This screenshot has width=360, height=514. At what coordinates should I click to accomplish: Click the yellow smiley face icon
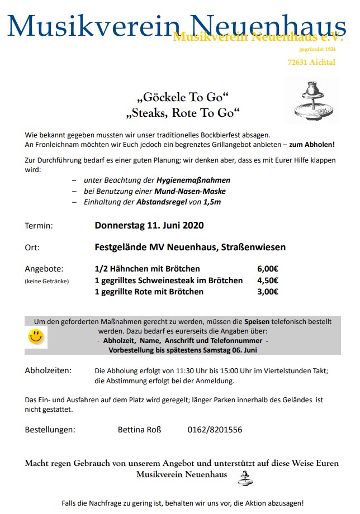click(x=36, y=336)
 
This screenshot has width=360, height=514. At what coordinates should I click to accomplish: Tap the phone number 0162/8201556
click(x=215, y=430)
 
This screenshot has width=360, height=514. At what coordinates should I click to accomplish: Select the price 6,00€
click(x=268, y=269)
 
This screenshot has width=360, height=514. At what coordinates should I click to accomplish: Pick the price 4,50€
click(x=268, y=280)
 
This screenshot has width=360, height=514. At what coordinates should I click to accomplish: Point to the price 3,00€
click(x=268, y=292)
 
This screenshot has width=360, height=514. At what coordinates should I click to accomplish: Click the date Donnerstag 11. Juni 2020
click(x=149, y=226)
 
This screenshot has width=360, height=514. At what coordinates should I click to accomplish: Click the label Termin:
click(x=39, y=226)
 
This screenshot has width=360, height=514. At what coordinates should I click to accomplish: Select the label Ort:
click(x=32, y=248)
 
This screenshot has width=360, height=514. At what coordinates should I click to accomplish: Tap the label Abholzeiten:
click(x=48, y=370)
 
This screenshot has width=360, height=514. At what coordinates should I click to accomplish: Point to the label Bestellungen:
click(x=50, y=430)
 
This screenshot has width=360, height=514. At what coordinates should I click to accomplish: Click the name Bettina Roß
click(x=139, y=430)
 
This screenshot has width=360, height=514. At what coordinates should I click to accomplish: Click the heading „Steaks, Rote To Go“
click(x=183, y=113)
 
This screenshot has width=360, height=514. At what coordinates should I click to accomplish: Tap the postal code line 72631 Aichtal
click(x=316, y=62)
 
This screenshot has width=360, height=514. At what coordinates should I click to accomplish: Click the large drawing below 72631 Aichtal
click(x=311, y=101)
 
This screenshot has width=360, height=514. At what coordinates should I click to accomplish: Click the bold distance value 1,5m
click(x=212, y=202)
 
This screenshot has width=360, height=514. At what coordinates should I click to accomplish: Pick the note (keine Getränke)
click(x=47, y=281)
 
